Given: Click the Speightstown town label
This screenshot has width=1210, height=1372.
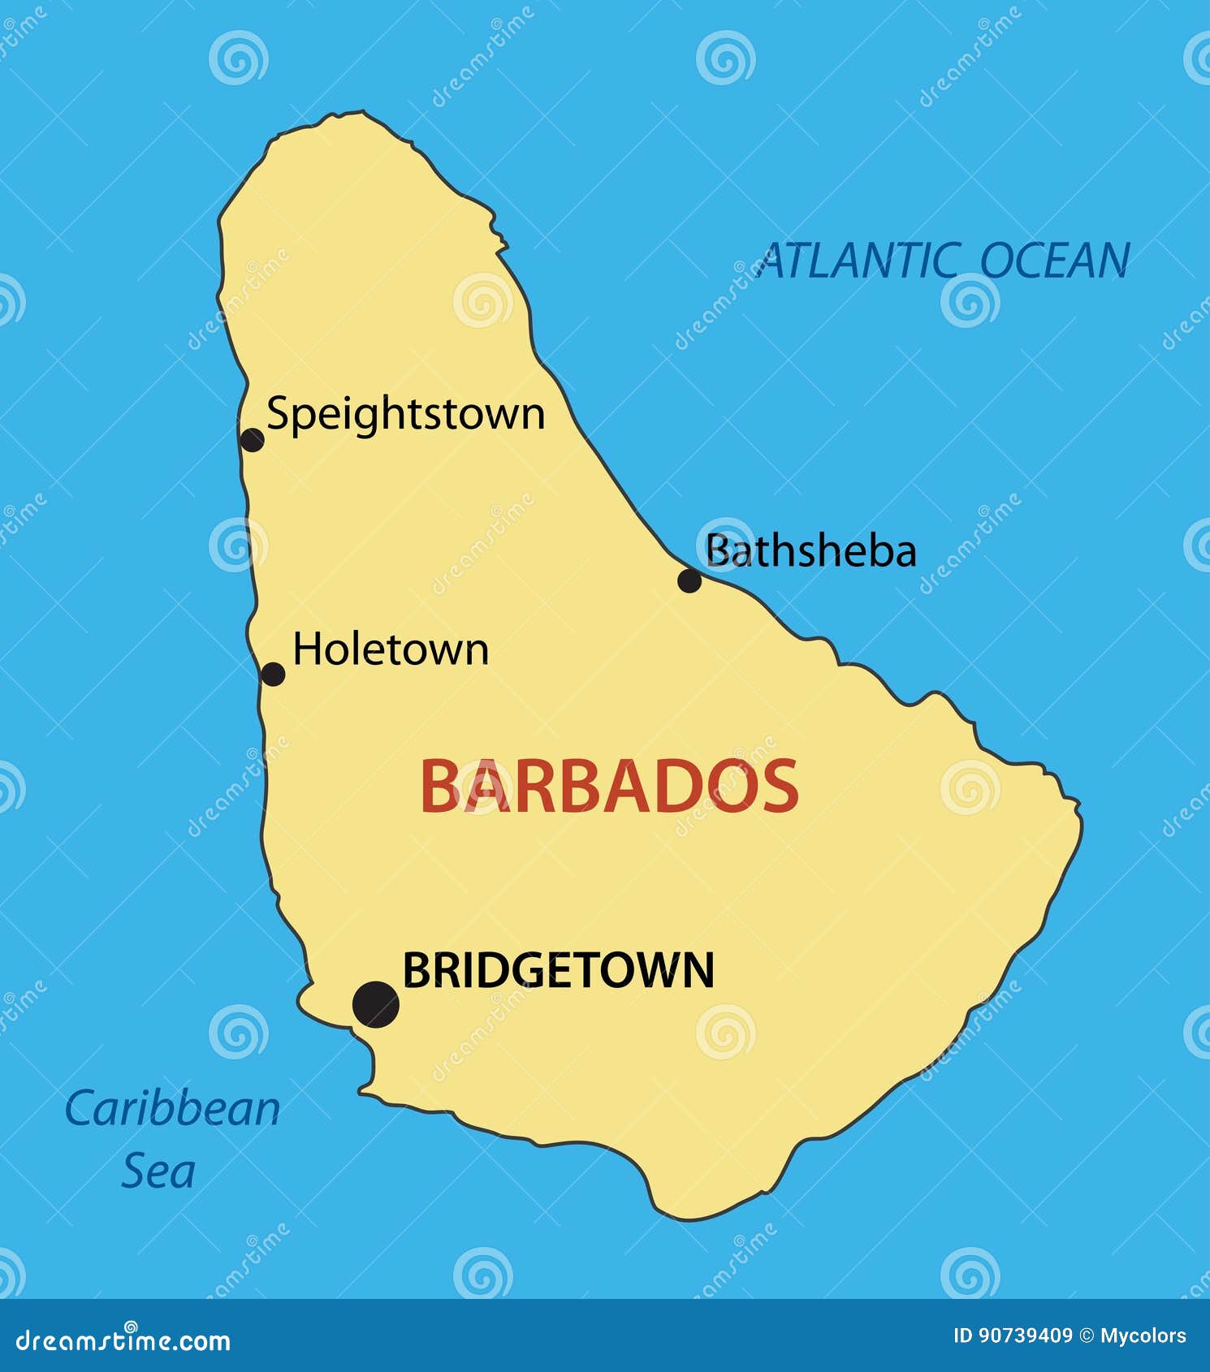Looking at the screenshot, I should click(x=405, y=415).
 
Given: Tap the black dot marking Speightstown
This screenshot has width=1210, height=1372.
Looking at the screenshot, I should click(x=253, y=440).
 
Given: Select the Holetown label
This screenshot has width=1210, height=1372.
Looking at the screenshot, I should click(x=391, y=649).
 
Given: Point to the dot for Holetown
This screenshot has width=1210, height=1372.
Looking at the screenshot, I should click(x=273, y=674).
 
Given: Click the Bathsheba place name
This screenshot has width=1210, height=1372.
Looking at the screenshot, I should click(x=810, y=551).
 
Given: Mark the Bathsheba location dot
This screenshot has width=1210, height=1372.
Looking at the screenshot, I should click(x=689, y=580).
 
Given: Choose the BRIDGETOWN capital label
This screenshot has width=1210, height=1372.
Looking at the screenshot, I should click(x=558, y=970).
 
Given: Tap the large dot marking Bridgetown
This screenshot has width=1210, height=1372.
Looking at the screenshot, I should click(x=376, y=1004).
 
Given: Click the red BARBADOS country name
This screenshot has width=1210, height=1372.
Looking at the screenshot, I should click(x=609, y=786).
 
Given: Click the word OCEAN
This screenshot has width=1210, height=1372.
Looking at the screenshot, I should click(x=1054, y=261).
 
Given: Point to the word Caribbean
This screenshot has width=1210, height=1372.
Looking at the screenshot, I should click(x=172, y=1109).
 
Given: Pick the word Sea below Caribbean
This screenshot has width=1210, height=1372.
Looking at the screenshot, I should click(x=158, y=1171).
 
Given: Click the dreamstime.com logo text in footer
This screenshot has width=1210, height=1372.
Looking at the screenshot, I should click(x=123, y=1340).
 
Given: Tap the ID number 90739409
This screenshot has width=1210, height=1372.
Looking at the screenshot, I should click(x=1026, y=1335).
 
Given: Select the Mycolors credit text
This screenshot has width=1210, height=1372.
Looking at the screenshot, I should click(x=1143, y=1335).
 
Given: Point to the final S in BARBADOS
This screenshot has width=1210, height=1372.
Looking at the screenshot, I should click(x=780, y=786).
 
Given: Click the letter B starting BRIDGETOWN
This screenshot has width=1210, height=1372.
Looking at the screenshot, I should click(x=415, y=970).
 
